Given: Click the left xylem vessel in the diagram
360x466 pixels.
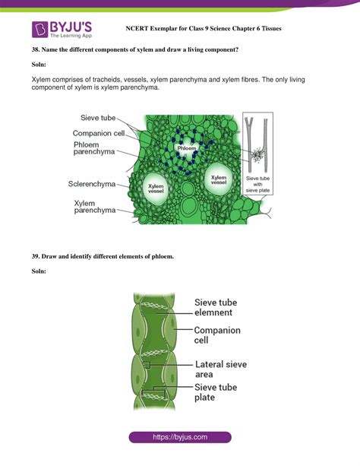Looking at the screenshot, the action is (x=156, y=186).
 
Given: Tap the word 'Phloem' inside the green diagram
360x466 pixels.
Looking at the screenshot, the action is (x=187, y=149).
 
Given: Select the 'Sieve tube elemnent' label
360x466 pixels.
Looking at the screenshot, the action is (x=224, y=306).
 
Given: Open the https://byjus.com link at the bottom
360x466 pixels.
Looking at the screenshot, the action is (x=180, y=438).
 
